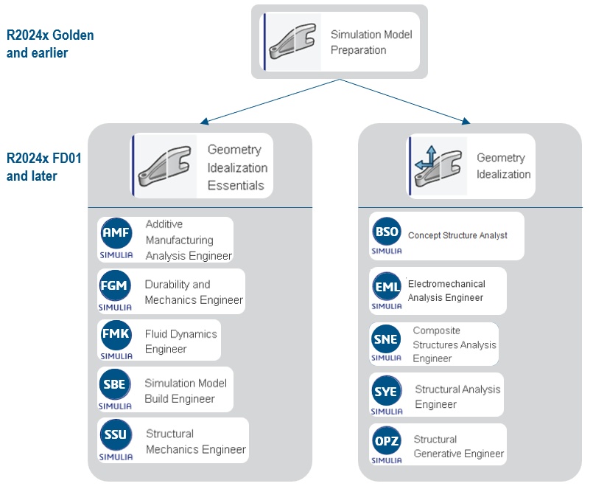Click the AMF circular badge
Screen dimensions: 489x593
(x=116, y=234)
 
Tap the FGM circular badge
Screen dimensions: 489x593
(x=116, y=285)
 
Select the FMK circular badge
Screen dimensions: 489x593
(x=116, y=335)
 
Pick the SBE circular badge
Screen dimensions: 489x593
(x=116, y=384)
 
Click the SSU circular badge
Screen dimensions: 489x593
(x=116, y=434)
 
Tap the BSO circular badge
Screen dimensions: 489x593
(x=387, y=232)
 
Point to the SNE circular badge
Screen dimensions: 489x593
(x=387, y=339)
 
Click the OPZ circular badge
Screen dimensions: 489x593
(x=387, y=441)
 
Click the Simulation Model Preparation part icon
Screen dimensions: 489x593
(x=292, y=42)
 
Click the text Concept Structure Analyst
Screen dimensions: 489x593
(x=457, y=236)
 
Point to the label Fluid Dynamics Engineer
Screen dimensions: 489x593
(x=180, y=341)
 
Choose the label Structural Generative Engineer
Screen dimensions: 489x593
(x=458, y=446)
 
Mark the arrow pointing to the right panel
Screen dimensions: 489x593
(x=466, y=121)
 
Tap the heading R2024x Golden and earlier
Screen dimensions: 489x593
(x=50, y=44)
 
